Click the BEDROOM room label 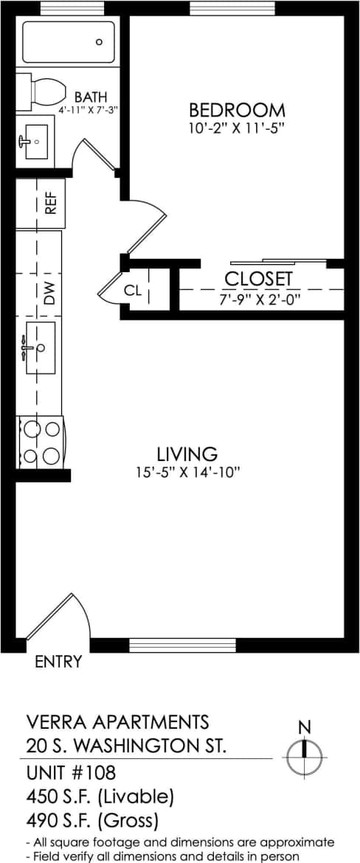coord(237,111)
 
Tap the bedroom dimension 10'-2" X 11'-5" coord(237,128)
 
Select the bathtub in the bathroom coord(69,42)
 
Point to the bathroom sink coord(33,141)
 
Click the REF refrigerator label coord(51,203)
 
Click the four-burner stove coord(41,442)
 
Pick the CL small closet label coord(132,291)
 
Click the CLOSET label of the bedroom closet coord(258,280)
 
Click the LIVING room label coord(187,454)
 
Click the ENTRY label coord(58,662)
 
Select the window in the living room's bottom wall coord(181,645)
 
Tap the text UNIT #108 coord(70,774)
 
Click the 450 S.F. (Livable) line coord(100,797)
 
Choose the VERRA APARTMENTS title coord(117,721)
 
